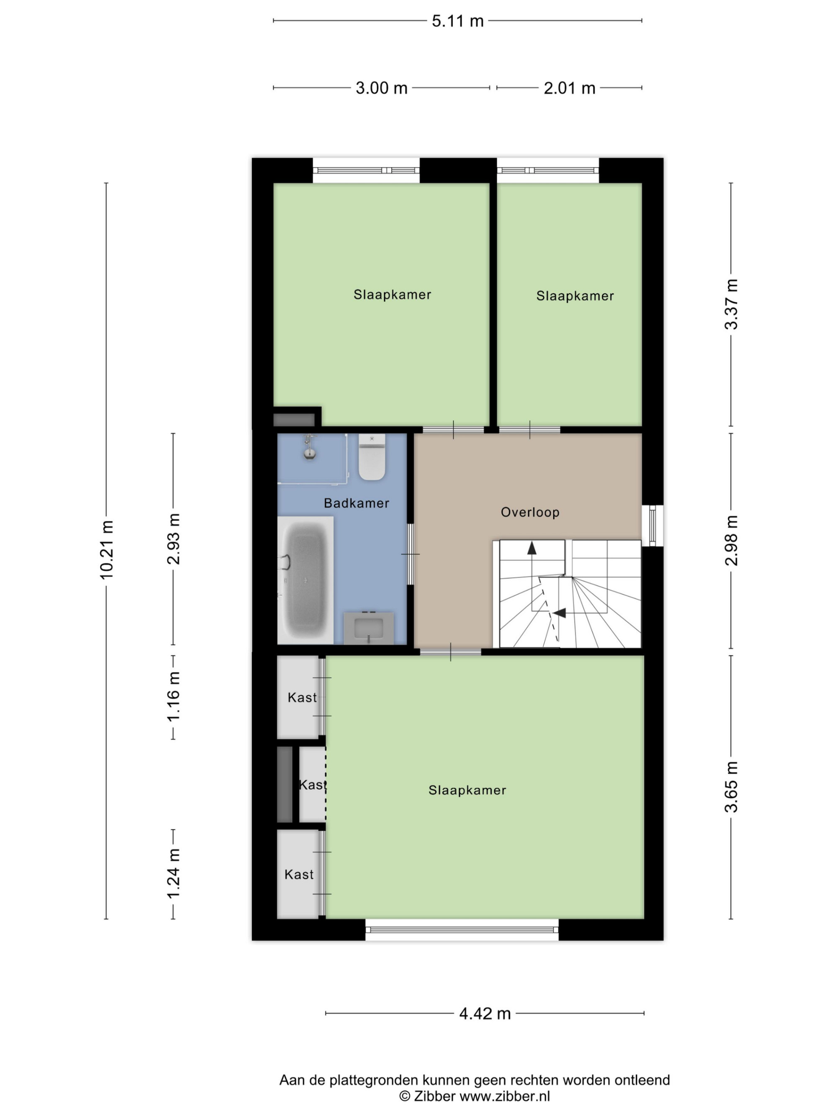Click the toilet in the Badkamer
pyautogui.click(x=372, y=457)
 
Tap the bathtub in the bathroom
pyautogui.click(x=305, y=580)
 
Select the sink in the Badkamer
pyautogui.click(x=369, y=628)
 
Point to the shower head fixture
pyautogui.click(x=310, y=447)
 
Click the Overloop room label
pyautogui.click(x=530, y=513)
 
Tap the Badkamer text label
pyautogui.click(x=356, y=503)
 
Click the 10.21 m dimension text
pyautogui.click(x=106, y=550)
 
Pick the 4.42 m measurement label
pyautogui.click(x=485, y=1013)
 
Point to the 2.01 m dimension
pyautogui.click(x=569, y=88)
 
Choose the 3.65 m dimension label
pyautogui.click(x=731, y=787)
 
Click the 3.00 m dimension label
pyautogui.click(x=381, y=88)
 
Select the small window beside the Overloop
pyautogui.click(x=652, y=525)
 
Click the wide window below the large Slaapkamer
pyautogui.click(x=462, y=929)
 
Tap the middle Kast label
pyautogui.click(x=312, y=785)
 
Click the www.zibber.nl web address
pyautogui.click(x=505, y=1096)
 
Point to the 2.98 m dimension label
pyautogui.click(x=731, y=540)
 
